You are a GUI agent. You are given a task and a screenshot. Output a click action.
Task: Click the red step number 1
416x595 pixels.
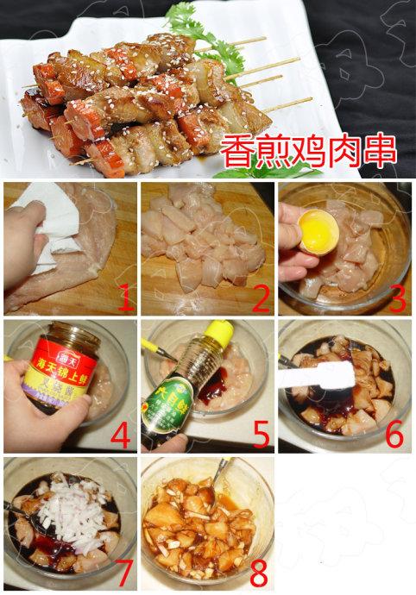(125, 298)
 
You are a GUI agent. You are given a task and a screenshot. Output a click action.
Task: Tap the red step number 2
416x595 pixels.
(260, 298)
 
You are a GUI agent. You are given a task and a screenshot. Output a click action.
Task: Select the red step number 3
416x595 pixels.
(396, 298)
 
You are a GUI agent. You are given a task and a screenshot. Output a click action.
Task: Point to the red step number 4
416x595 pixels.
(120, 435)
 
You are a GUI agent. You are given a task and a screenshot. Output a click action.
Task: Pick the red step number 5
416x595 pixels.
(260, 435)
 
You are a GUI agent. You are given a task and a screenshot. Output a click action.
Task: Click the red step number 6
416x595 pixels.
(394, 435)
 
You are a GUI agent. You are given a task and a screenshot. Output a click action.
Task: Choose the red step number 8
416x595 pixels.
(257, 571)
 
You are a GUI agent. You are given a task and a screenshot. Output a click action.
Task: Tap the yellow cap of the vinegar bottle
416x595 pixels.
(217, 332)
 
